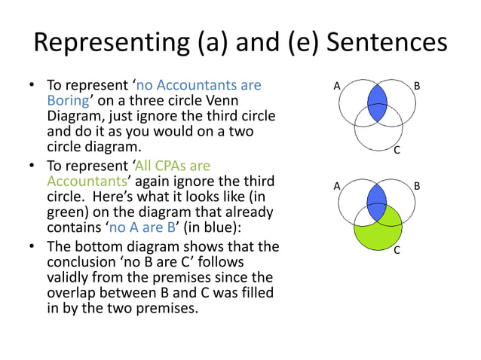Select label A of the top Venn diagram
point(337,87)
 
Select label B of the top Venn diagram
point(417,87)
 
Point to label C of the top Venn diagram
point(397,151)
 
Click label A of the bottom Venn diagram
point(337,185)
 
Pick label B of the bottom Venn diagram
point(417,185)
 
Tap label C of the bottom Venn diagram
point(397,249)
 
